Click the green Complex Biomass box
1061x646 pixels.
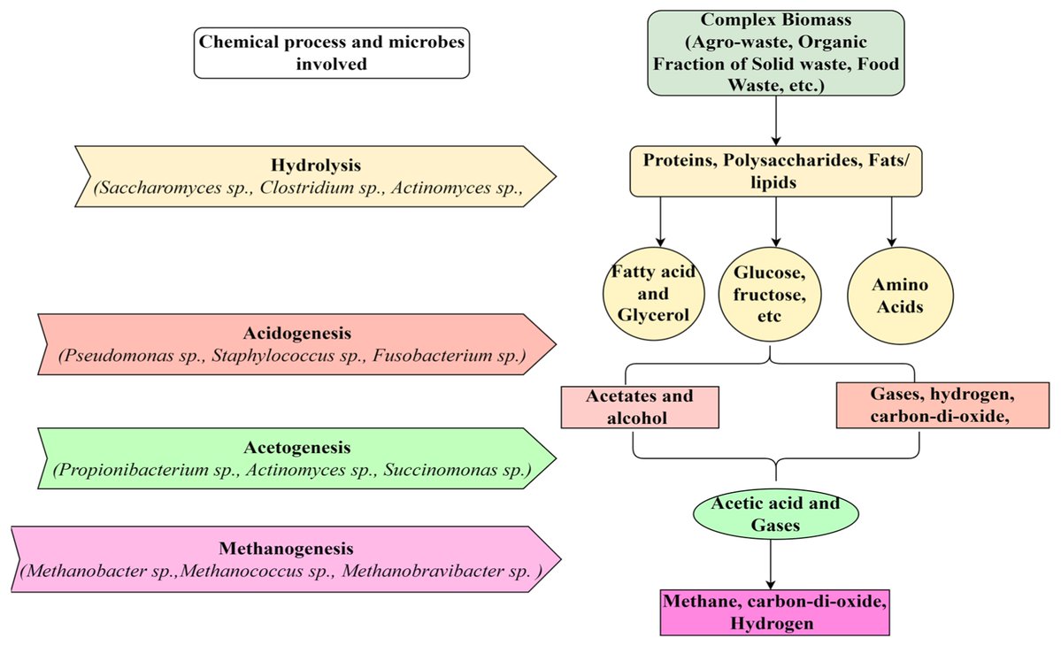(x=775, y=52)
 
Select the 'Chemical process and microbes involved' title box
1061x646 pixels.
(x=332, y=52)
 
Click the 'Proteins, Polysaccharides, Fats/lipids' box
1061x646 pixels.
(x=775, y=171)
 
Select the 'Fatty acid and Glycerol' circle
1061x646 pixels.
(x=654, y=295)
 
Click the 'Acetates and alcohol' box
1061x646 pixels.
(x=640, y=407)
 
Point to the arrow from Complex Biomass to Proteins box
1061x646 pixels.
(x=775, y=120)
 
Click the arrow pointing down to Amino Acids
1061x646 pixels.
(x=891, y=221)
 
